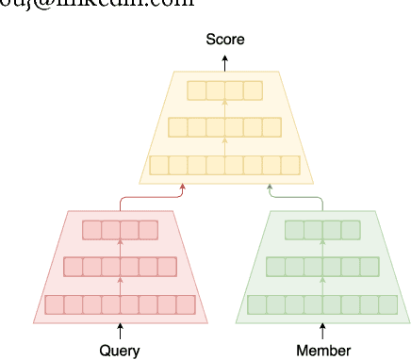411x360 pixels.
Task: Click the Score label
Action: click(x=224, y=40)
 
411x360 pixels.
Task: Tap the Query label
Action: click(x=120, y=351)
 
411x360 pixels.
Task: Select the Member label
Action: click(x=323, y=351)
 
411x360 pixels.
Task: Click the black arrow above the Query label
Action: click(x=120, y=331)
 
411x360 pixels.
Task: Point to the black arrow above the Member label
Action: click(x=323, y=331)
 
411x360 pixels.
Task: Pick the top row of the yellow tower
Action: click(x=224, y=90)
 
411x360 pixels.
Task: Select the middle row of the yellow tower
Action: click(x=224, y=127)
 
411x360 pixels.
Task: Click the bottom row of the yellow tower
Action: click(x=224, y=165)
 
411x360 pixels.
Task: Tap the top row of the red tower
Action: click(x=120, y=229)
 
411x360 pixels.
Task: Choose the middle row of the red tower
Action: click(x=120, y=267)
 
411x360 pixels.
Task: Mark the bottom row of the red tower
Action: click(x=120, y=304)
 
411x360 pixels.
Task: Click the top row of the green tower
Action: click(x=323, y=229)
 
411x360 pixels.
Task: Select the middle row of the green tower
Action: click(x=323, y=267)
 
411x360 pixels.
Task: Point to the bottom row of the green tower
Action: click(x=323, y=304)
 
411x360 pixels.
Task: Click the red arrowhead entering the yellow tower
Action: click(x=182, y=188)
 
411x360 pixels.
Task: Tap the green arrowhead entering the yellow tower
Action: click(x=270, y=188)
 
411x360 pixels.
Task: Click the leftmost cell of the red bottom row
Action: click(x=54, y=304)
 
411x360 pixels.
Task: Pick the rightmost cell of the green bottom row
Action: click(x=388, y=304)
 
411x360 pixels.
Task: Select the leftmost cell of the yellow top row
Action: click(x=196, y=90)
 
